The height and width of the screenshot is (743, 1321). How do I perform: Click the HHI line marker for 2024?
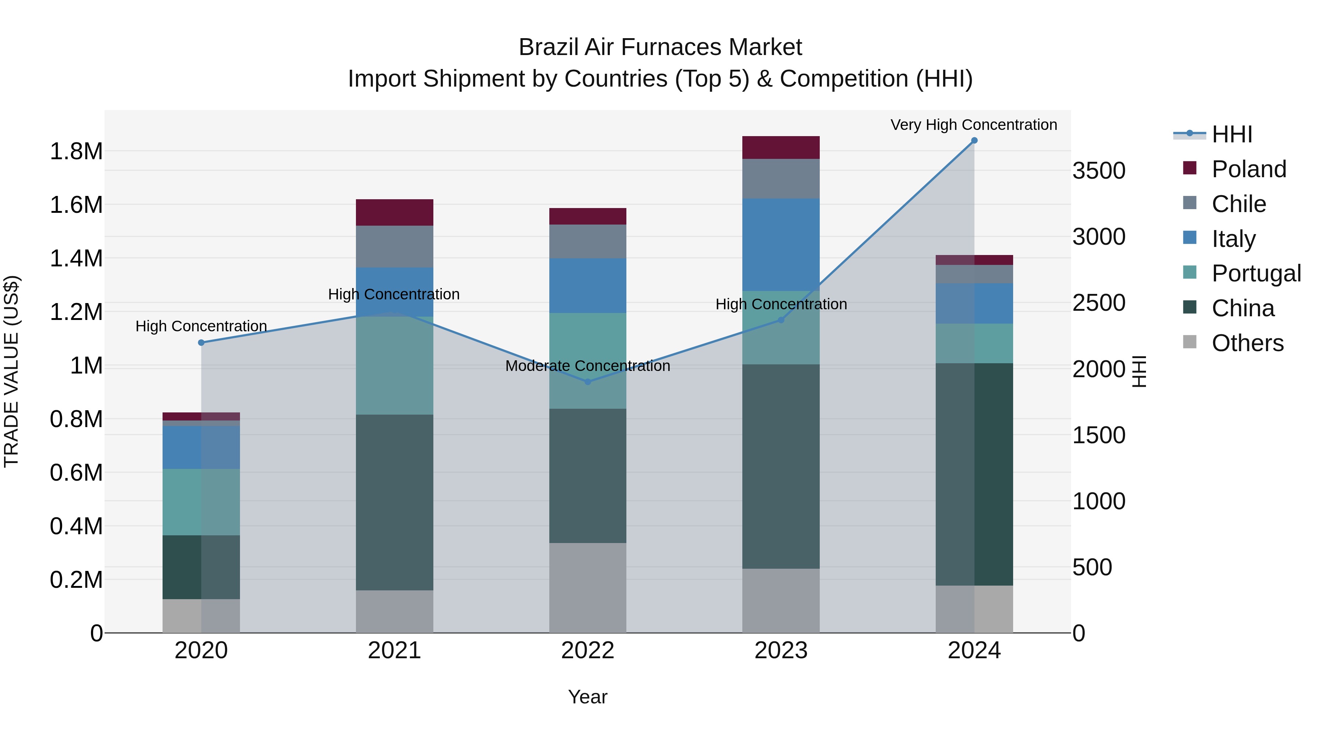pos(974,141)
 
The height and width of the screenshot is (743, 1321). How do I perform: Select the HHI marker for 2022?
pos(588,382)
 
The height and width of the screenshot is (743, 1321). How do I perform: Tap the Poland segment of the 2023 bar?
pos(780,147)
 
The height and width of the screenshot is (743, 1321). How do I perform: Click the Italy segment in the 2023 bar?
pos(780,245)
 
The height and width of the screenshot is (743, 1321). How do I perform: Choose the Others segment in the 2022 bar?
pos(588,588)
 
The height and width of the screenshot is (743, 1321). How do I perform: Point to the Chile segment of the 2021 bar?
pos(394,247)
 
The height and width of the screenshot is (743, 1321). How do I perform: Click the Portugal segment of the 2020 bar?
pos(201,502)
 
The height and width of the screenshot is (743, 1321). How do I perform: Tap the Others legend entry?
pos(1247,343)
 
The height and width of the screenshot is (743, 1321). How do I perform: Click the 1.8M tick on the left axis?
pos(76,152)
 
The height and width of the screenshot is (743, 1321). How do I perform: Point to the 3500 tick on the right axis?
pos(1098,171)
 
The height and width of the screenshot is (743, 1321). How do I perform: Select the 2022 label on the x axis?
pos(588,651)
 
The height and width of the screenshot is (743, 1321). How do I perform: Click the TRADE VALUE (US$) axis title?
pos(11,371)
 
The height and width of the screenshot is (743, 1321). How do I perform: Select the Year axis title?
pos(588,697)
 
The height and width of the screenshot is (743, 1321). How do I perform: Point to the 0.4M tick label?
pos(76,527)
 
